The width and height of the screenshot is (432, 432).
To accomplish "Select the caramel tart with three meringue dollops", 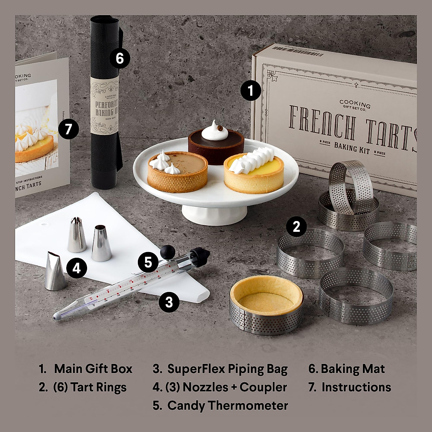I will pyautogui.click(x=177, y=172).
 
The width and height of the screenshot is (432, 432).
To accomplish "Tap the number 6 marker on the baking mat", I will pyautogui.click(x=120, y=58).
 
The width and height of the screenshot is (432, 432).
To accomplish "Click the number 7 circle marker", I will pyautogui.click(x=68, y=129).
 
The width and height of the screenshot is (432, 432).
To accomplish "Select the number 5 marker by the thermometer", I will pyautogui.click(x=148, y=262).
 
